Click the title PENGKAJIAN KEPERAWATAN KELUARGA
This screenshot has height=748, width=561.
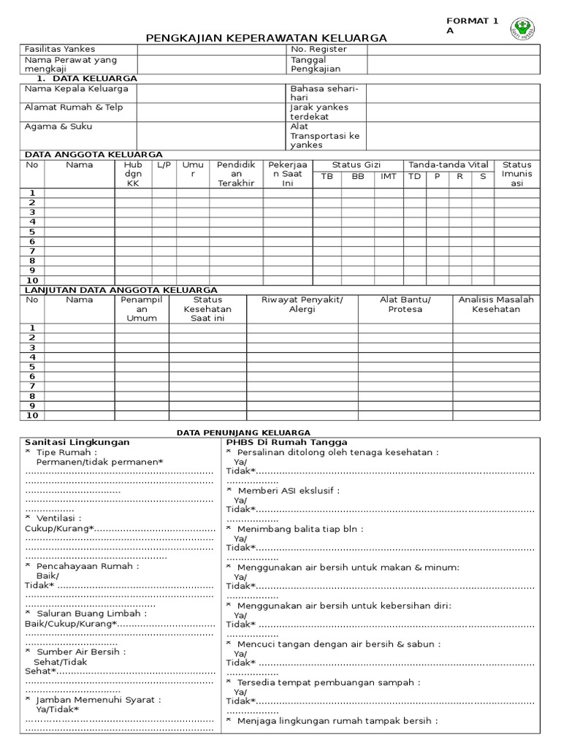click(267, 38)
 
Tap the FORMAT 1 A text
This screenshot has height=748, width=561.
click(472, 26)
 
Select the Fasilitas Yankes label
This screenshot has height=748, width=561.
click(60, 49)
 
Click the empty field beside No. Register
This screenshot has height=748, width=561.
click(453, 49)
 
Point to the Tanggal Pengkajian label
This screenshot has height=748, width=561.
click(316, 64)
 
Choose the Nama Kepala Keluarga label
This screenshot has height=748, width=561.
click(77, 88)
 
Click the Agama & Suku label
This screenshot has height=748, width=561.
click(58, 126)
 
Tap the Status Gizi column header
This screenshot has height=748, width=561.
click(356, 165)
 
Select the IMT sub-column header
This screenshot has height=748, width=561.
click(389, 176)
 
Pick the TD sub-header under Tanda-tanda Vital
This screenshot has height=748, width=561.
click(414, 176)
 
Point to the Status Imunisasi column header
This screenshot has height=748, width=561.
click(517, 174)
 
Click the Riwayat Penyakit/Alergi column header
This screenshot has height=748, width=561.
click(302, 304)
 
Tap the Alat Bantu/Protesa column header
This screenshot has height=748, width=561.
click(405, 304)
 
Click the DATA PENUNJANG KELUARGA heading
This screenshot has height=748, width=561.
click(243, 433)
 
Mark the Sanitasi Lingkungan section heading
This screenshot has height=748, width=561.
click(77, 442)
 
